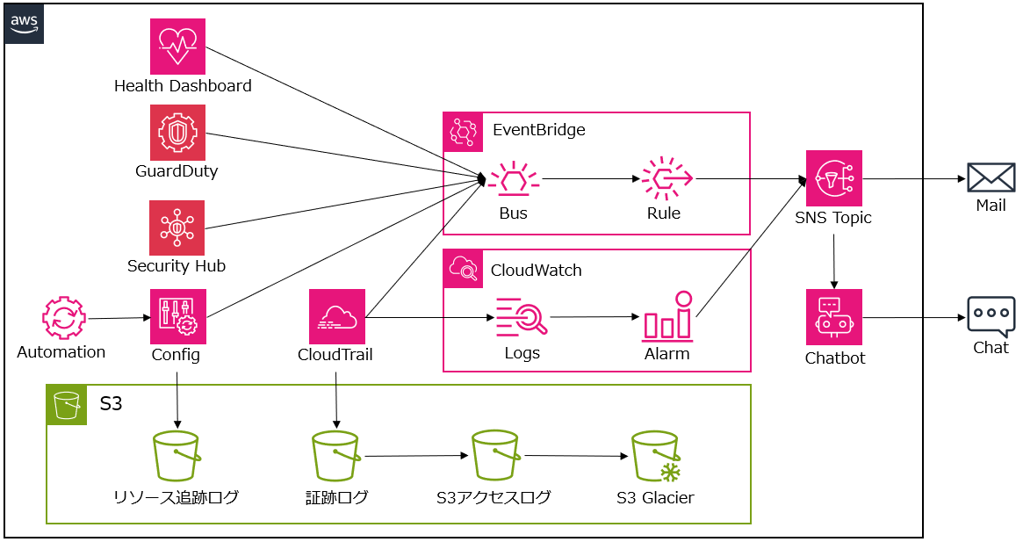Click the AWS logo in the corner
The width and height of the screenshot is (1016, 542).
(x=25, y=24)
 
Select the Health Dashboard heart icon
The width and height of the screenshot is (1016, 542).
(x=177, y=47)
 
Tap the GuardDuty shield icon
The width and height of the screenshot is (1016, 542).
(x=177, y=133)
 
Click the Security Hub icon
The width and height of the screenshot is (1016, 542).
(x=177, y=228)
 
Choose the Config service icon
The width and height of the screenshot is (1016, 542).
(x=177, y=317)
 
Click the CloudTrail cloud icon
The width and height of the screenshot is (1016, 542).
(x=337, y=317)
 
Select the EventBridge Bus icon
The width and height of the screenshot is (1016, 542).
(x=514, y=180)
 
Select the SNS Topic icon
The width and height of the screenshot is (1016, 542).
(x=834, y=178)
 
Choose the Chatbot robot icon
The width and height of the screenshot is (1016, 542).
(x=834, y=317)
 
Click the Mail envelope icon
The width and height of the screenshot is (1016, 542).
(x=991, y=178)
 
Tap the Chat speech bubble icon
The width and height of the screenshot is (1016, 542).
(x=991, y=316)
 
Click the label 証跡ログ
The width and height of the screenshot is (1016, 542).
(x=337, y=498)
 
